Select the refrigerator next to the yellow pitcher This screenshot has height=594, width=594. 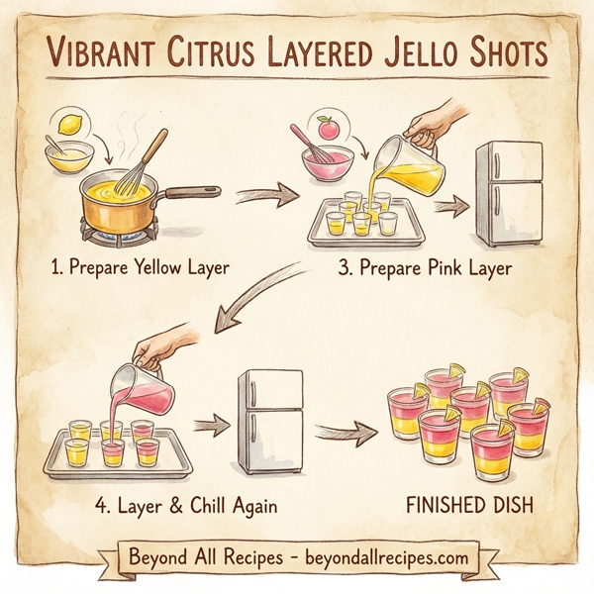509,193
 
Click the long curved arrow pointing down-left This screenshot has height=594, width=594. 257,293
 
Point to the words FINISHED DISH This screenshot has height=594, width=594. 470,506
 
